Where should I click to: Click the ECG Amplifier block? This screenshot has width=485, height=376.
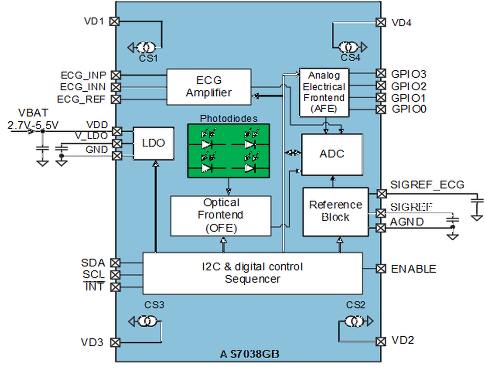click(x=209, y=87)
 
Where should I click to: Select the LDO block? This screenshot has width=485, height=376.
click(x=153, y=143)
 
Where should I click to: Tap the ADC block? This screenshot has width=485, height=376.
click(x=332, y=154)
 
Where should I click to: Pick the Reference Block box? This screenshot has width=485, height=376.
click(x=335, y=212)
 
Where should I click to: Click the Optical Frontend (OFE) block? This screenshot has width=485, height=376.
click(x=221, y=216)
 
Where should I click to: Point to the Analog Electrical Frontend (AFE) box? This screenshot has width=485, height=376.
click(x=324, y=92)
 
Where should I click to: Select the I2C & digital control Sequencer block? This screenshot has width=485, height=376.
click(x=253, y=273)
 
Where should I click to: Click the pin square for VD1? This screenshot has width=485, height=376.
click(x=115, y=21)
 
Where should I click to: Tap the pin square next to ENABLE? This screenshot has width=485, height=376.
click(x=381, y=269)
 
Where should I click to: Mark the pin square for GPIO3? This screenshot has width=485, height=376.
click(x=381, y=74)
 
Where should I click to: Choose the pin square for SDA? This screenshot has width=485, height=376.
click(x=115, y=263)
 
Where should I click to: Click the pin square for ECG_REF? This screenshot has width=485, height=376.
click(x=116, y=99)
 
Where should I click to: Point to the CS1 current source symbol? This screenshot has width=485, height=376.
click(x=146, y=48)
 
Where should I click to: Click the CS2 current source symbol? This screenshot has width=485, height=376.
click(x=354, y=321)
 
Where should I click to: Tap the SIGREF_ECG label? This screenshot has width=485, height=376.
click(x=427, y=185)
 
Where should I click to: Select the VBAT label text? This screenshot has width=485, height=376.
click(x=33, y=113)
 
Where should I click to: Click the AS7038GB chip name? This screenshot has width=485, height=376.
click(x=249, y=354)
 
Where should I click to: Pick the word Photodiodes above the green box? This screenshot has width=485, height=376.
click(x=229, y=119)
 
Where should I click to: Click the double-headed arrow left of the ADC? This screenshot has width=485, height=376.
click(x=293, y=153)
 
